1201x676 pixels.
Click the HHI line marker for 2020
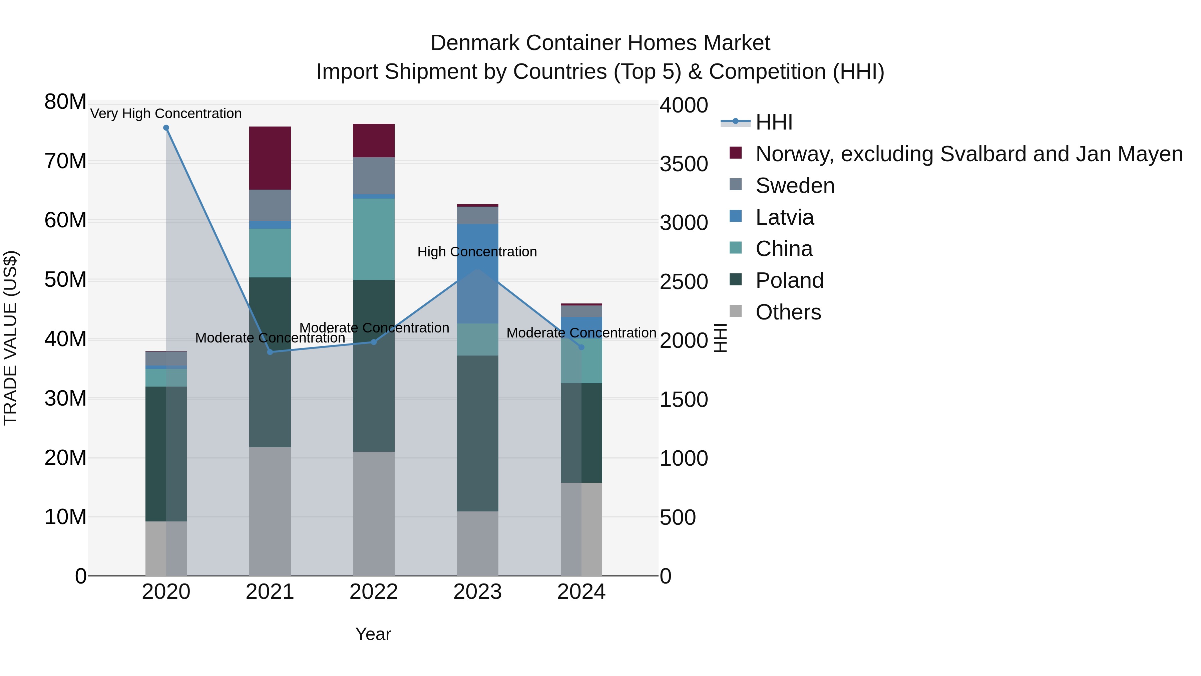coord(166,128)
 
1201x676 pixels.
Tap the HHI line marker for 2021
coord(270,352)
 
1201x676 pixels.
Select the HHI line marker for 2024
coord(581,347)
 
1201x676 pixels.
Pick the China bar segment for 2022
coord(373,239)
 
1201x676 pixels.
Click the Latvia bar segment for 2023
coord(477,273)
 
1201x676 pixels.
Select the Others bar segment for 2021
coord(270,511)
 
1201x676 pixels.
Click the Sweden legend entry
coord(795,186)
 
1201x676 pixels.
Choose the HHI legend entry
coord(774,122)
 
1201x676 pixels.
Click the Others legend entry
coord(788,312)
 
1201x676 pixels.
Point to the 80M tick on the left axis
coord(65,102)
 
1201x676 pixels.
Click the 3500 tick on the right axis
coord(684,164)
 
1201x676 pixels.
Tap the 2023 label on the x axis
coord(477,592)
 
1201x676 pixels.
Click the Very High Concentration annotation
coord(166,114)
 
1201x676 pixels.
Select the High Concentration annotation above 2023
coord(477,252)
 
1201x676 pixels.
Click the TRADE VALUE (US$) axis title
coord(10,338)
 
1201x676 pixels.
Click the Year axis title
coord(373,634)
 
